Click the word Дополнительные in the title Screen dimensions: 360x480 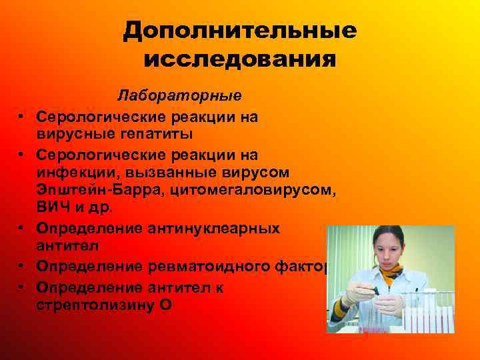pos(239,31)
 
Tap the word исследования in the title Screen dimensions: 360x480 pos(239,61)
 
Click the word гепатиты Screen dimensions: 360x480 pos(149,133)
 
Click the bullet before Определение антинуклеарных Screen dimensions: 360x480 pos(22,229)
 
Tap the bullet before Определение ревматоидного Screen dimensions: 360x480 pos(22,267)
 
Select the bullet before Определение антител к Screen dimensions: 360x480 pos(22,286)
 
